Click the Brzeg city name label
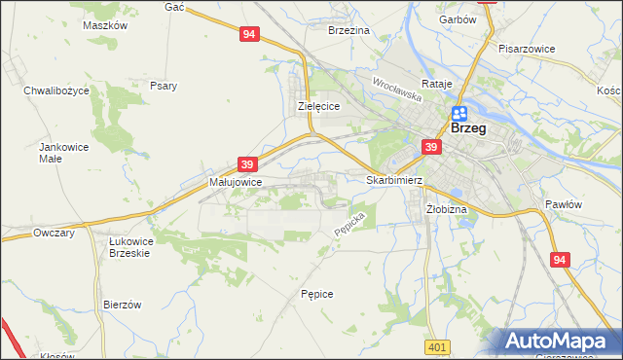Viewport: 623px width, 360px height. coord(468,128)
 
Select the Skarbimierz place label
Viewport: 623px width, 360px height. coord(393,180)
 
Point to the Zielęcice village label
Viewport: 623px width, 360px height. coord(317,107)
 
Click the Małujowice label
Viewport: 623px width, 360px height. coord(236,181)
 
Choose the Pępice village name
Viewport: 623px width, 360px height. coord(317,293)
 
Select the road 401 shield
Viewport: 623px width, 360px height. coord(437,347)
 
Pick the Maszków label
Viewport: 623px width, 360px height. coord(106,26)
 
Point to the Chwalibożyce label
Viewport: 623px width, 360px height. coord(56,90)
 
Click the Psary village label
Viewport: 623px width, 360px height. coord(164,86)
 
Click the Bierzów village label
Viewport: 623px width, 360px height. coord(123,305)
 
